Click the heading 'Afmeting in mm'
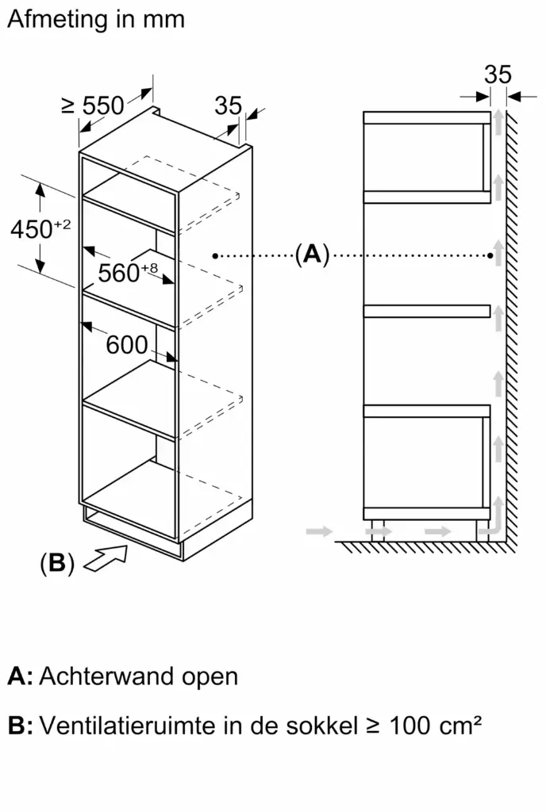pos(96,19)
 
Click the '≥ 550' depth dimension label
pos(93,105)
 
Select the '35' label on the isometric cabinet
pos(228,105)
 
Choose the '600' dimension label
pos(127,345)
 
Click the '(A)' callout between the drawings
pos(311,255)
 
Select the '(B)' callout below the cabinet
pos(56,564)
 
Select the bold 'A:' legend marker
pos(20,676)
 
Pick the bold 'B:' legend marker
pos(20,726)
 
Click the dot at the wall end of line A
pos(491,255)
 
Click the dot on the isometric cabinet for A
pos(214,255)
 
